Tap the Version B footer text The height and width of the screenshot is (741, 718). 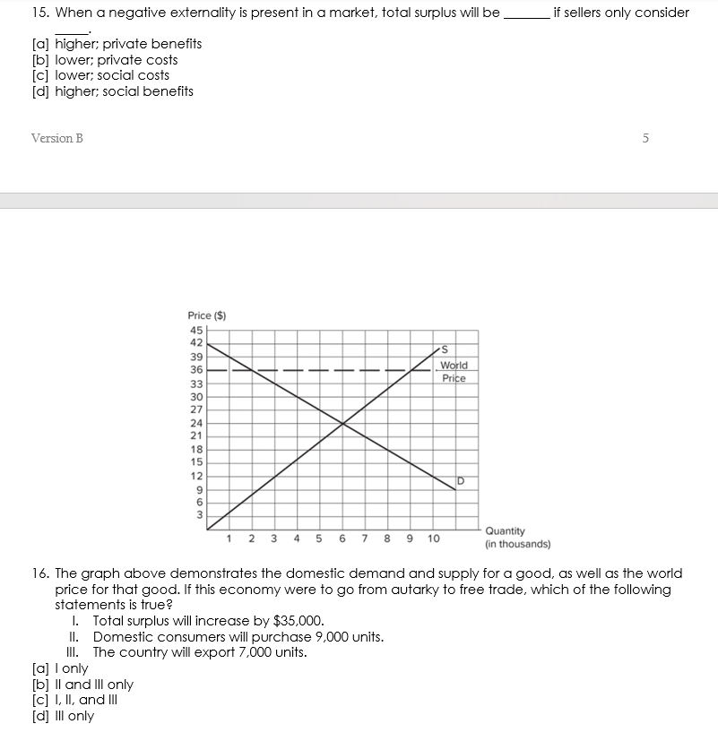point(56,138)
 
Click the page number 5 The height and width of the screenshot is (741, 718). point(645,138)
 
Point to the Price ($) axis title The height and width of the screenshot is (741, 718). point(207,315)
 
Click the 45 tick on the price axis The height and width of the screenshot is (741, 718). point(195,329)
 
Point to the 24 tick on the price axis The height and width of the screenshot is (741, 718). point(195,423)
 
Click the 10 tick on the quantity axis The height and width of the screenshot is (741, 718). point(434,539)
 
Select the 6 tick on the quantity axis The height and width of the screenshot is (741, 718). point(342,539)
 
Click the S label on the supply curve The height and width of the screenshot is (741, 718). point(443,349)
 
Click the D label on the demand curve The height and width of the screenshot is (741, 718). point(461,482)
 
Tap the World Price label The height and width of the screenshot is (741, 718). point(454,372)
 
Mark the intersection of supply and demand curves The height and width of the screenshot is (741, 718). point(342,423)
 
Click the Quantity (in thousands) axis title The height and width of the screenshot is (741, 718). point(517,537)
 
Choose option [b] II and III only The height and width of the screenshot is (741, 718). point(82,685)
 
